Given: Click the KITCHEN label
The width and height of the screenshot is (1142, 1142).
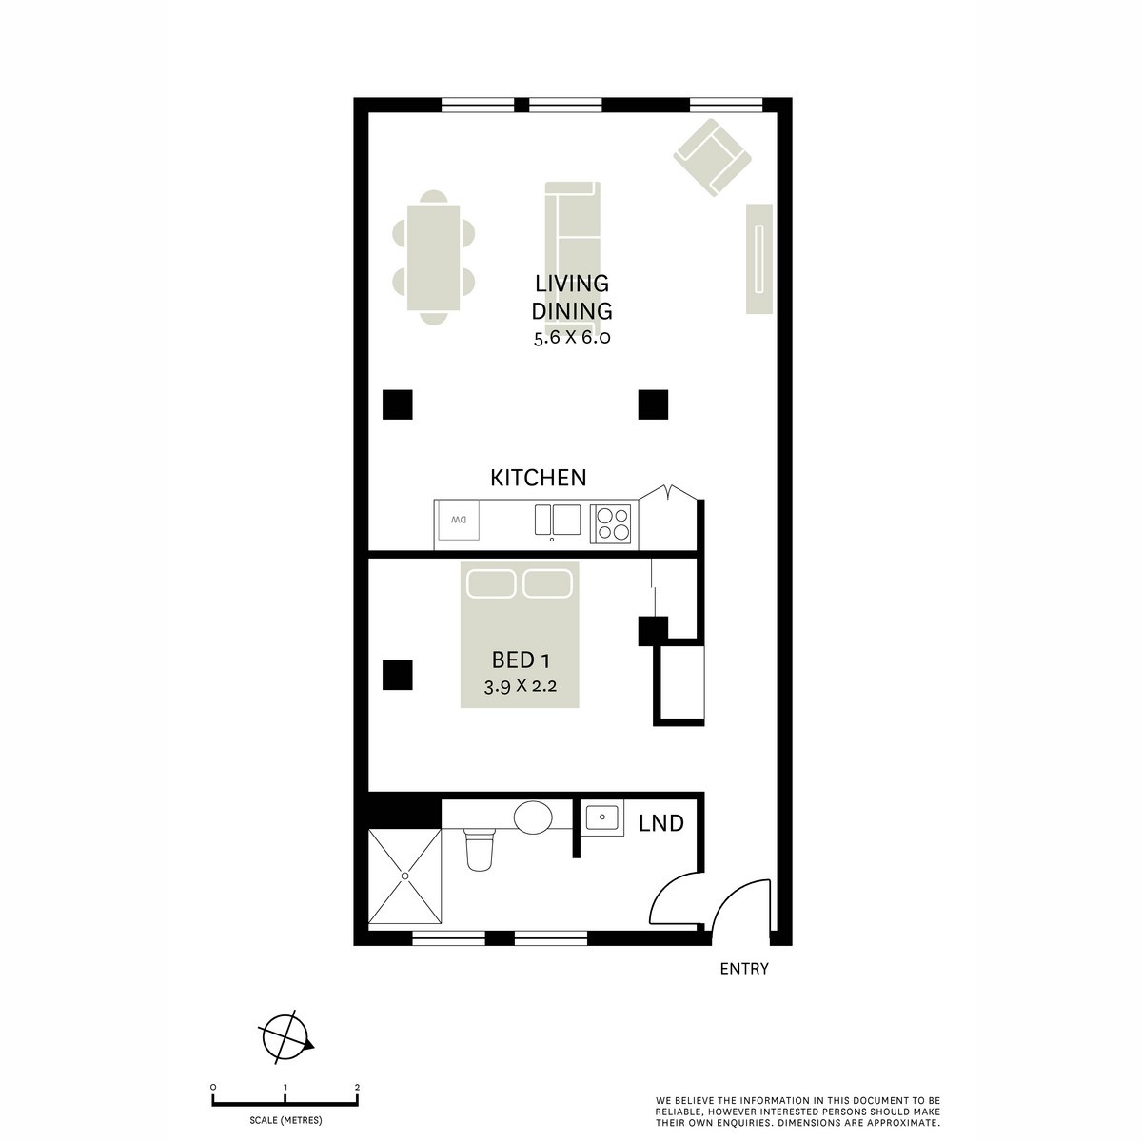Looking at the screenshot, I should coord(538,478).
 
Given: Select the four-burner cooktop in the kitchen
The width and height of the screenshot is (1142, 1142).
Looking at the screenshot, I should coord(612,523).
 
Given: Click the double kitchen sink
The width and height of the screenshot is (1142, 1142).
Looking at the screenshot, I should coord(557,521).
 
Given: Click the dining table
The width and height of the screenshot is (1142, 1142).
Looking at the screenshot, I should coord(433,258).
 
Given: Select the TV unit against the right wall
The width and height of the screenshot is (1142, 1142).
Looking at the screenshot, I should coord(758,258).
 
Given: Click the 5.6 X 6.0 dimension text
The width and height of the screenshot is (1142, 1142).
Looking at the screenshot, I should coord(571,338).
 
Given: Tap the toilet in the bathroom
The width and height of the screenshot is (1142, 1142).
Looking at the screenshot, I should coord(478,847).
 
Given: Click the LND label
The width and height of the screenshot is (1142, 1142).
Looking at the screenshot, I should coord(661,823).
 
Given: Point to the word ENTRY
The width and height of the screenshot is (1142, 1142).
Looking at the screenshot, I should coord(743,970).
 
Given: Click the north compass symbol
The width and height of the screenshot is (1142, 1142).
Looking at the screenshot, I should coord(285,1034).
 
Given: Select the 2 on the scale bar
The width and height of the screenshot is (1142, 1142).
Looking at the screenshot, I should coord(357,1087).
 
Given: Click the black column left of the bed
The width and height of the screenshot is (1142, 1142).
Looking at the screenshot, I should coord(398,675).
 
